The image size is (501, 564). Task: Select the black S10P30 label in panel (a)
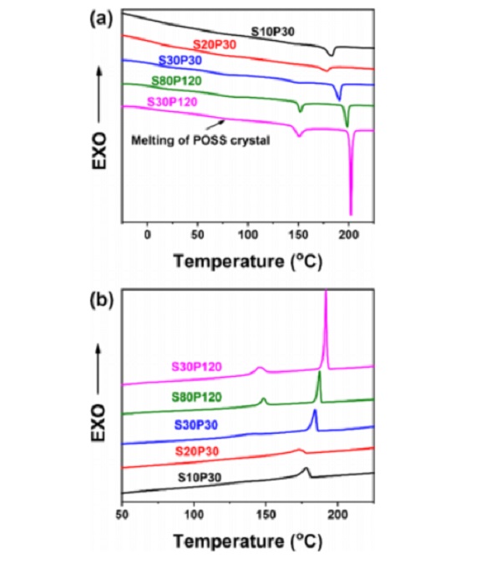pos(278,33)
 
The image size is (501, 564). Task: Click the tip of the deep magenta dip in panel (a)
pos(351,213)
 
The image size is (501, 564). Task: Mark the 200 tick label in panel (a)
pos(350,236)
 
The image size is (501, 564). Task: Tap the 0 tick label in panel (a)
pos(148,236)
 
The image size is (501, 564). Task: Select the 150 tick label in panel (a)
pos(299,236)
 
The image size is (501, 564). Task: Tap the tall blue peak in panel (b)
pos(315,411)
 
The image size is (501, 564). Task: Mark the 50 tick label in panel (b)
pos(123,516)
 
